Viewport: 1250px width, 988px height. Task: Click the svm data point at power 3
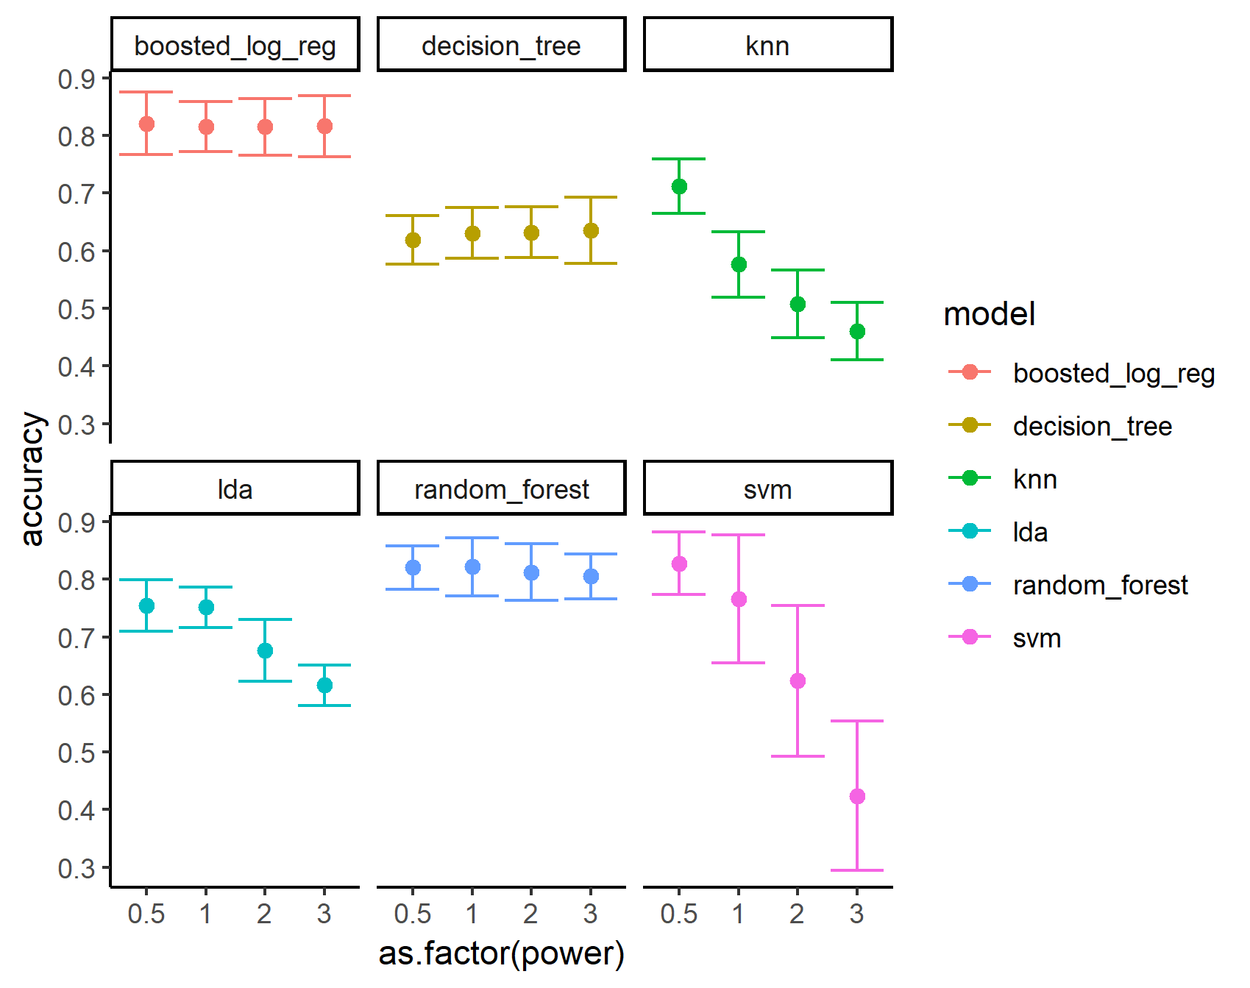(x=857, y=796)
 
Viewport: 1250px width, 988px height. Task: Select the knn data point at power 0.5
(x=679, y=186)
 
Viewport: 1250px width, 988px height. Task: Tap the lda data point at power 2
(x=266, y=650)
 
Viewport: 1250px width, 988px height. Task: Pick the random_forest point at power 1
(x=472, y=566)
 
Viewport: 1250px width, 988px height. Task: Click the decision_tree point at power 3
(x=591, y=230)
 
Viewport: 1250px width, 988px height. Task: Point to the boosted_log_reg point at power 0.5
(x=146, y=124)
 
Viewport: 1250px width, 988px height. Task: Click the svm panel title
(x=767, y=489)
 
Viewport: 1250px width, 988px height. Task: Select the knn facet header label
(x=767, y=46)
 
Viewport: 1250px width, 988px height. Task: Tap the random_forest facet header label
(x=501, y=489)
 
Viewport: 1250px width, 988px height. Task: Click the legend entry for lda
(x=1030, y=531)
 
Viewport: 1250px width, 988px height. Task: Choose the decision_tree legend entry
(x=1092, y=426)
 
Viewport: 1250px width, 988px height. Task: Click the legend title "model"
(x=989, y=314)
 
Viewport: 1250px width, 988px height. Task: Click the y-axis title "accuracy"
(x=32, y=478)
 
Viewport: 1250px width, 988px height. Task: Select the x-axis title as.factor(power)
(x=501, y=953)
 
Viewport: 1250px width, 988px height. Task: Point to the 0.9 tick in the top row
(x=77, y=79)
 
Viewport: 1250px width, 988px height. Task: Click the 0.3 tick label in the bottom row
(x=77, y=868)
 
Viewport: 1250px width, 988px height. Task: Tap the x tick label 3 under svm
(x=856, y=914)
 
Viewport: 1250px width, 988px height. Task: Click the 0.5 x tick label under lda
(x=146, y=914)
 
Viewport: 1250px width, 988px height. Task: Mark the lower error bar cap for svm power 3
(x=857, y=870)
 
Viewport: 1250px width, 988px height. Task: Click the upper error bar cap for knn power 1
(x=739, y=232)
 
